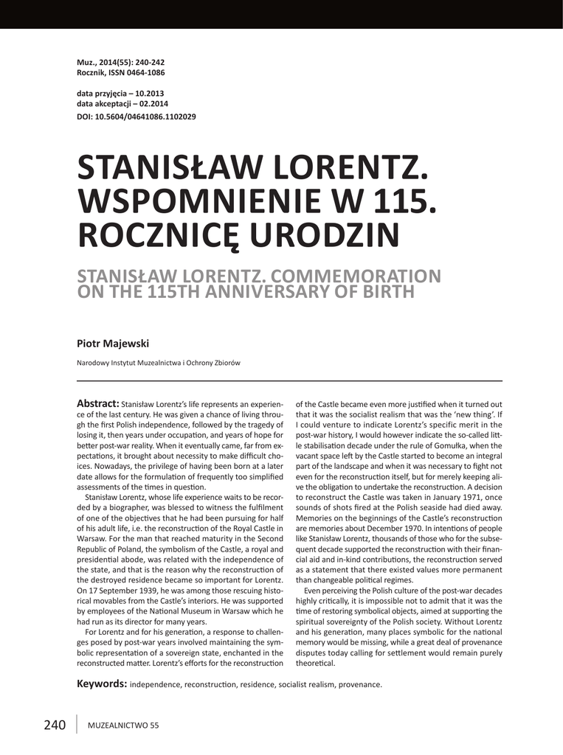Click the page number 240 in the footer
point(55,725)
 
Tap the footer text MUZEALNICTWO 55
point(123,726)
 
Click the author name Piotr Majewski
point(112,343)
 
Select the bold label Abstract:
point(97,403)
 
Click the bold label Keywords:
point(102,684)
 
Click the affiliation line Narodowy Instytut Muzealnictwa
point(158,363)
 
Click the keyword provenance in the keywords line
point(359,685)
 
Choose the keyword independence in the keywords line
point(156,685)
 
